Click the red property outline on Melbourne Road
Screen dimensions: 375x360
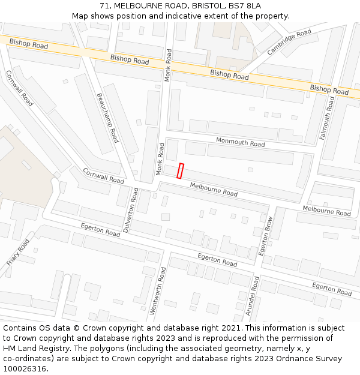tap(181, 170)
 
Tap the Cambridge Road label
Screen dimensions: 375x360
tap(289, 42)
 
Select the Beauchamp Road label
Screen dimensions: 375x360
tap(107, 117)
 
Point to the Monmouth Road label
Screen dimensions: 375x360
tap(240, 143)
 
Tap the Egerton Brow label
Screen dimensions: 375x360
tap(266, 236)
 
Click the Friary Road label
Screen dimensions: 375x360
tap(18, 253)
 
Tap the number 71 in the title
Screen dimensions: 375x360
tap(105, 6)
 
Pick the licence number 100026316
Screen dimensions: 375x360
tap(24, 369)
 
